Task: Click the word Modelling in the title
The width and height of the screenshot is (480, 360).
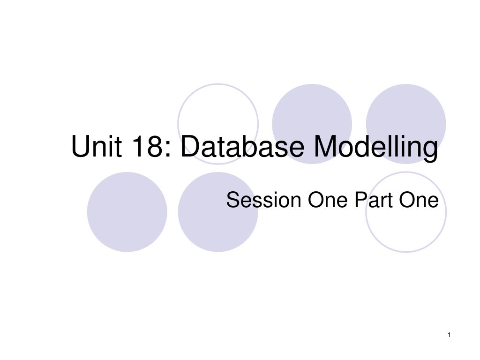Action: click(376, 148)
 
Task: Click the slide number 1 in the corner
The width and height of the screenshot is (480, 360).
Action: click(449, 334)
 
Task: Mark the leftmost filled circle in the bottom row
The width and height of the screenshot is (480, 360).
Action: click(127, 212)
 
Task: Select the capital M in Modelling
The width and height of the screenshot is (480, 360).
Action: click(325, 147)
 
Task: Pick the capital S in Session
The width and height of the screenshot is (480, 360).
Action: click(232, 201)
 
